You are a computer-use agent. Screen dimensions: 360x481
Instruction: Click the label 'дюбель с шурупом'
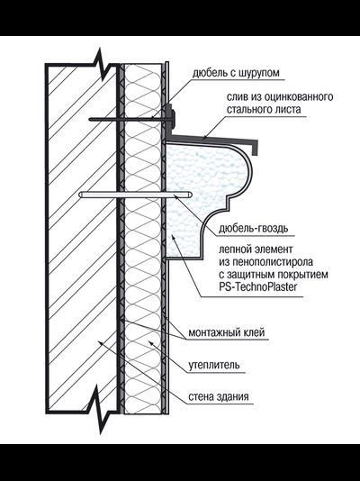coord(236,73)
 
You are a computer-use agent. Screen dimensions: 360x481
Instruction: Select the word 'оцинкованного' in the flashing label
coord(299,97)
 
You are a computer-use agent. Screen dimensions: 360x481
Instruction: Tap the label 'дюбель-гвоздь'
coord(253,229)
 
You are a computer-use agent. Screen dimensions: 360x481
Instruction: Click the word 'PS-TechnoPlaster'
coord(258,287)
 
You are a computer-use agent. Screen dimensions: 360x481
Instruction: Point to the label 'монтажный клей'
coord(226,332)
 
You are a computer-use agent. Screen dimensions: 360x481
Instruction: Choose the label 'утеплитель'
coord(214,365)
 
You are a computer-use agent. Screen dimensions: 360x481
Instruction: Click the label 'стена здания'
coord(218,397)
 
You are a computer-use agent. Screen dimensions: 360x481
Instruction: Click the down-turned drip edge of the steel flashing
coord(255,148)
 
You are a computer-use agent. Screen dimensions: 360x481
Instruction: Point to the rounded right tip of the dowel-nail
coord(190,195)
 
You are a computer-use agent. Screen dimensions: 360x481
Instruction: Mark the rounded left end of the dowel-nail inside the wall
coord(82,195)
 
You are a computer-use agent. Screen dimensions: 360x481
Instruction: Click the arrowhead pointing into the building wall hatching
coord(100,343)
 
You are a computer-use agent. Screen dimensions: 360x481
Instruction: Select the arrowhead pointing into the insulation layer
coord(151,343)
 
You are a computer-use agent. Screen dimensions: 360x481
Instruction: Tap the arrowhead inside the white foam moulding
coord(174,237)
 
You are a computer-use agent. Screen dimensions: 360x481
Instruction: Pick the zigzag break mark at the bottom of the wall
coord(99,410)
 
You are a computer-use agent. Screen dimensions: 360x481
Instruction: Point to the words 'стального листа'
coord(264,110)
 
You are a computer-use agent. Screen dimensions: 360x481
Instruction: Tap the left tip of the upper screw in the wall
coord(90,119)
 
